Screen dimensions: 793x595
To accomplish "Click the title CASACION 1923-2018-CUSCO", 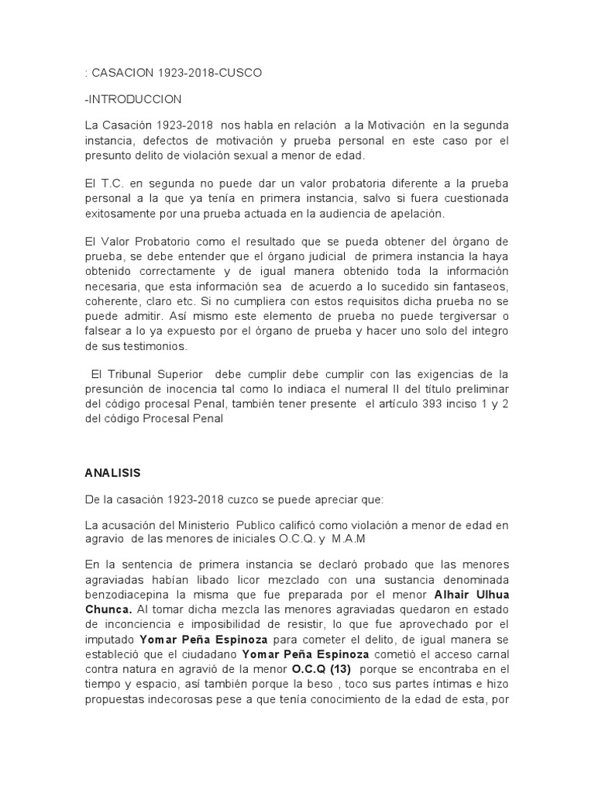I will (x=177, y=73).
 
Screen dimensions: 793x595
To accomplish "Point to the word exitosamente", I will (x=123, y=212).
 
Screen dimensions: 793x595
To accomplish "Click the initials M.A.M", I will (x=350, y=538).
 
